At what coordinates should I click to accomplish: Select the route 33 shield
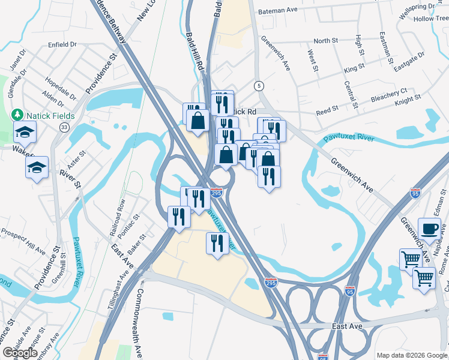(x=64, y=127)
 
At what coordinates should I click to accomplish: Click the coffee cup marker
(x=429, y=230)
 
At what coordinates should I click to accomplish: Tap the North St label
(x=326, y=41)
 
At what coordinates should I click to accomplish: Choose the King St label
(x=354, y=69)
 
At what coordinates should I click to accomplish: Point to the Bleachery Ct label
(x=389, y=94)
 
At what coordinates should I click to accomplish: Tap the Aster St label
(x=77, y=161)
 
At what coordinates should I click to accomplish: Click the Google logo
(x=20, y=353)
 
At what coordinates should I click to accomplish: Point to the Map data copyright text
(x=412, y=355)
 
